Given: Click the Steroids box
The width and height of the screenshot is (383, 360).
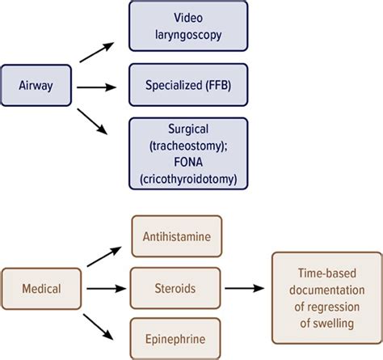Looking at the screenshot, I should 176,287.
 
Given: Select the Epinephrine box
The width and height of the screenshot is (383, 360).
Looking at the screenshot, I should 176,339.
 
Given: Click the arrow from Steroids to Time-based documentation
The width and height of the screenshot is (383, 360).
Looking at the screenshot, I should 247,287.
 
